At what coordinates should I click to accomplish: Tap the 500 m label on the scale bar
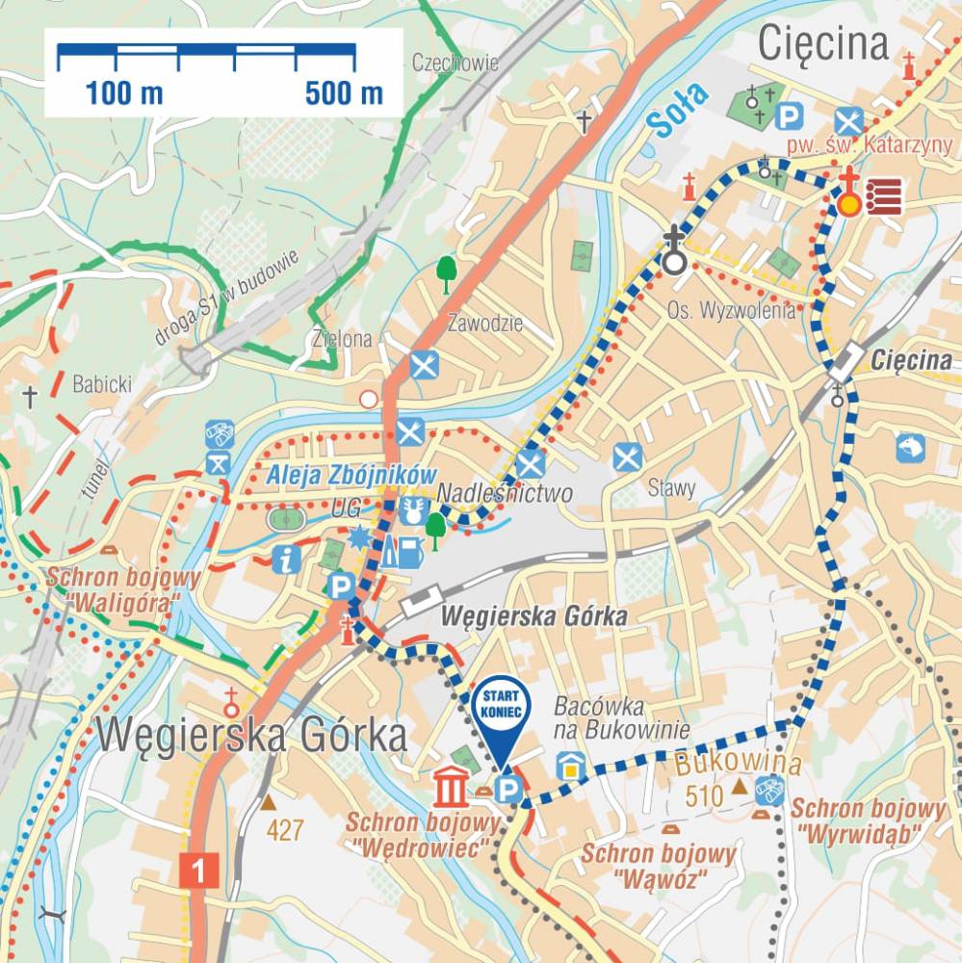click(344, 94)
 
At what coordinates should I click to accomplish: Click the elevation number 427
click(285, 830)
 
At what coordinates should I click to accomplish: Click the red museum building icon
click(450, 787)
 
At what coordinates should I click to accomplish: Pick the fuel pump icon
click(409, 551)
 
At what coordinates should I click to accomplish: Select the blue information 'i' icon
click(286, 559)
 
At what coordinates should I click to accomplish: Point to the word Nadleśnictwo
click(505, 494)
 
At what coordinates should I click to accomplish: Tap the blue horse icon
click(910, 448)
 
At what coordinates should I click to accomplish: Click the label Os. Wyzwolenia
click(732, 310)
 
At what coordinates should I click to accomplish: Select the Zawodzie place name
click(485, 324)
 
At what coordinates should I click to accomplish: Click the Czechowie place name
click(455, 64)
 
